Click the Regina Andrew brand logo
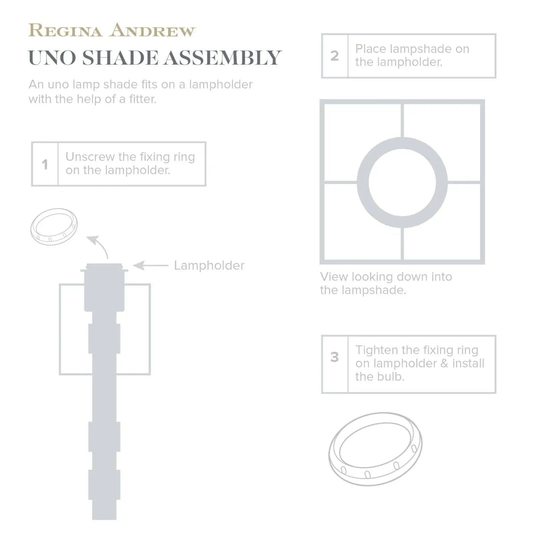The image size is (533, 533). click(x=112, y=31)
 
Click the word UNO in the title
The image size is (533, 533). click(x=52, y=58)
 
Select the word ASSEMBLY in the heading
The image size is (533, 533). click(x=223, y=58)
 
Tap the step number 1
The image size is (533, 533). click(x=45, y=164)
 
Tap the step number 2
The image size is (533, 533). click(x=335, y=56)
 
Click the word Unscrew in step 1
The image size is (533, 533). click(x=89, y=157)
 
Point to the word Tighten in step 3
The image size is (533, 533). click(x=376, y=350)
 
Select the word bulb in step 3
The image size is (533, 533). click(x=392, y=377)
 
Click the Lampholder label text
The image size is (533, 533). click(x=209, y=266)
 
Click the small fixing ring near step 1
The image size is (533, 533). click(x=54, y=227)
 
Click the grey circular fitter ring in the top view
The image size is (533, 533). click(x=363, y=183)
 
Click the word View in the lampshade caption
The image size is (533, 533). click(x=333, y=277)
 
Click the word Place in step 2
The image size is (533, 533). click(x=370, y=49)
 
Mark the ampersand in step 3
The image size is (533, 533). click(x=444, y=363)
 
